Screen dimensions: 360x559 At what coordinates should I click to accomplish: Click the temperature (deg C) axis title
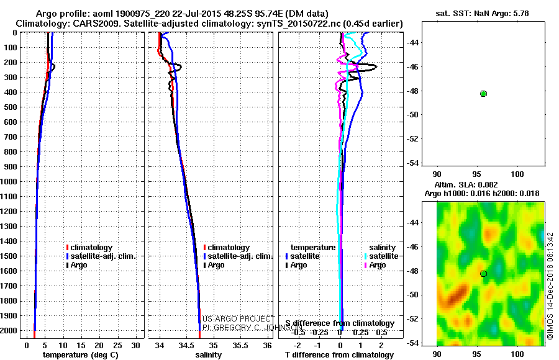80,355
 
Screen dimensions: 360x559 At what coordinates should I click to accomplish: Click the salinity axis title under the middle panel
209,355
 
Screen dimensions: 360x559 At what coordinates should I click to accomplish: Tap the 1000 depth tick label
11,182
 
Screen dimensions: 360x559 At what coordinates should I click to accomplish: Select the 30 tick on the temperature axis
137,344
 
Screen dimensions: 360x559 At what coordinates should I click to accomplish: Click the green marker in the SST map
483,94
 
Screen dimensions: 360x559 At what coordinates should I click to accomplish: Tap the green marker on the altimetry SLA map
483,274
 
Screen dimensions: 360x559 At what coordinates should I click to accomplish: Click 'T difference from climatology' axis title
339,355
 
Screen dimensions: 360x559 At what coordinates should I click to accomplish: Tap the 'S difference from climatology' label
340,323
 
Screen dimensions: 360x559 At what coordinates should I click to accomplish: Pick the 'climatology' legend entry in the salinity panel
229,248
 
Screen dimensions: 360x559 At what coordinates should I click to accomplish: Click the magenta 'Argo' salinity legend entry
377,265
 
